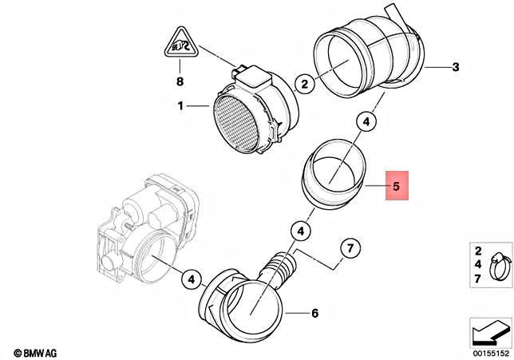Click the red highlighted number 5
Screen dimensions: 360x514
tap(397, 189)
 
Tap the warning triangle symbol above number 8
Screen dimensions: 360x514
tap(180, 44)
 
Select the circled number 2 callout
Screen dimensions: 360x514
tap(303, 81)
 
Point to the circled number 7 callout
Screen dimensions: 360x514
tap(349, 249)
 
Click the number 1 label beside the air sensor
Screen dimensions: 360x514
tap(180, 105)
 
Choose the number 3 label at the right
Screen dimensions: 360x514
tap(455, 68)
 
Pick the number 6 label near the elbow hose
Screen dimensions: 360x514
tap(314, 313)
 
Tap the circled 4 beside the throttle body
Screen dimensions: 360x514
tap(190, 279)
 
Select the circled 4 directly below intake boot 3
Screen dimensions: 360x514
tap(366, 122)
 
